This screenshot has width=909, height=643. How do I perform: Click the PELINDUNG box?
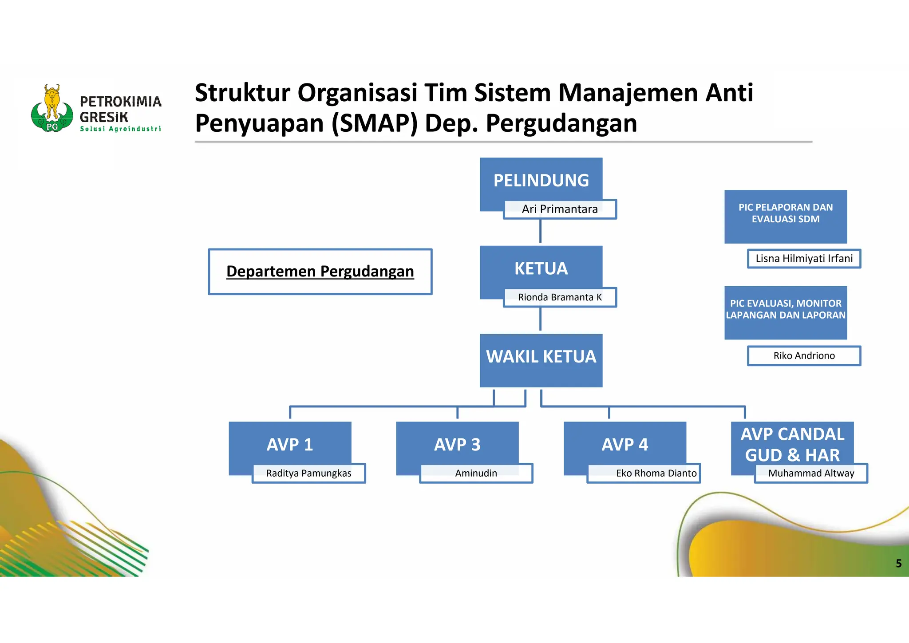click(541, 180)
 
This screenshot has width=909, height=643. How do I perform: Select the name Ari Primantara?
click(560, 209)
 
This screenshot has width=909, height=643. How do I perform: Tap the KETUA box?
click(541, 268)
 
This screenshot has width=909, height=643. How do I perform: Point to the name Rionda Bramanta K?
click(560, 297)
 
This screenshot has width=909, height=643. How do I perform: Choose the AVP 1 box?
click(290, 444)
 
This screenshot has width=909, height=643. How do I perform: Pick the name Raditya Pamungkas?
click(308, 473)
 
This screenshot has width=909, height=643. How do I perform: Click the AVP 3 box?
click(457, 444)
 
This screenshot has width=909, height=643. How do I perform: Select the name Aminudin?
click(476, 473)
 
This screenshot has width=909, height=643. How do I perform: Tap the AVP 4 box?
click(624, 444)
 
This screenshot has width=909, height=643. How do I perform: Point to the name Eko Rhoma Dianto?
click(656, 473)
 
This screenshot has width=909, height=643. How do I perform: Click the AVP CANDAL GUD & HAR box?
click(792, 444)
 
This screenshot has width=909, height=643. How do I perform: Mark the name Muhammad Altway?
click(811, 473)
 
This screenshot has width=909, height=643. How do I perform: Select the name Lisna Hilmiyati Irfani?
click(804, 259)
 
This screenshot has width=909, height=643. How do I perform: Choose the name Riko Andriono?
click(804, 356)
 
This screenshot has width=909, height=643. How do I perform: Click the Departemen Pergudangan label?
click(320, 271)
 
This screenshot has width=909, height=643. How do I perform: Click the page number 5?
click(898, 564)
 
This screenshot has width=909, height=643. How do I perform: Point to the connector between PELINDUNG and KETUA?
click(540, 231)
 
